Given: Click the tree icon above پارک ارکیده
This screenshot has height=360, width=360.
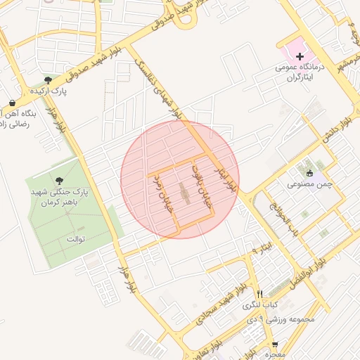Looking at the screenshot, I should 48,81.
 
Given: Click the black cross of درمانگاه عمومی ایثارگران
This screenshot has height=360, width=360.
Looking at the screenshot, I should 300,56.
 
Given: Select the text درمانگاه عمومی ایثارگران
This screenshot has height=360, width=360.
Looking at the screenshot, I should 300,72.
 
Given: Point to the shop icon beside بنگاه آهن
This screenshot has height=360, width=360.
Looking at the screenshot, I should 13,103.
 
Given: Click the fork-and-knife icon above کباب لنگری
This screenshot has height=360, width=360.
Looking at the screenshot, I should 260,294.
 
